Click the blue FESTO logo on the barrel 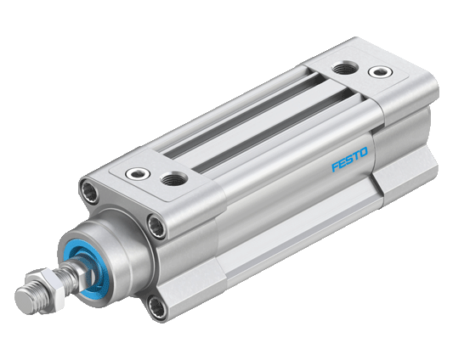(x=350, y=159)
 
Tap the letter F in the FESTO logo (x=336, y=166)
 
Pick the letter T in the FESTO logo (x=357, y=155)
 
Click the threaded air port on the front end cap (x=174, y=178)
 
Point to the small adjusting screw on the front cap (x=138, y=173)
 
